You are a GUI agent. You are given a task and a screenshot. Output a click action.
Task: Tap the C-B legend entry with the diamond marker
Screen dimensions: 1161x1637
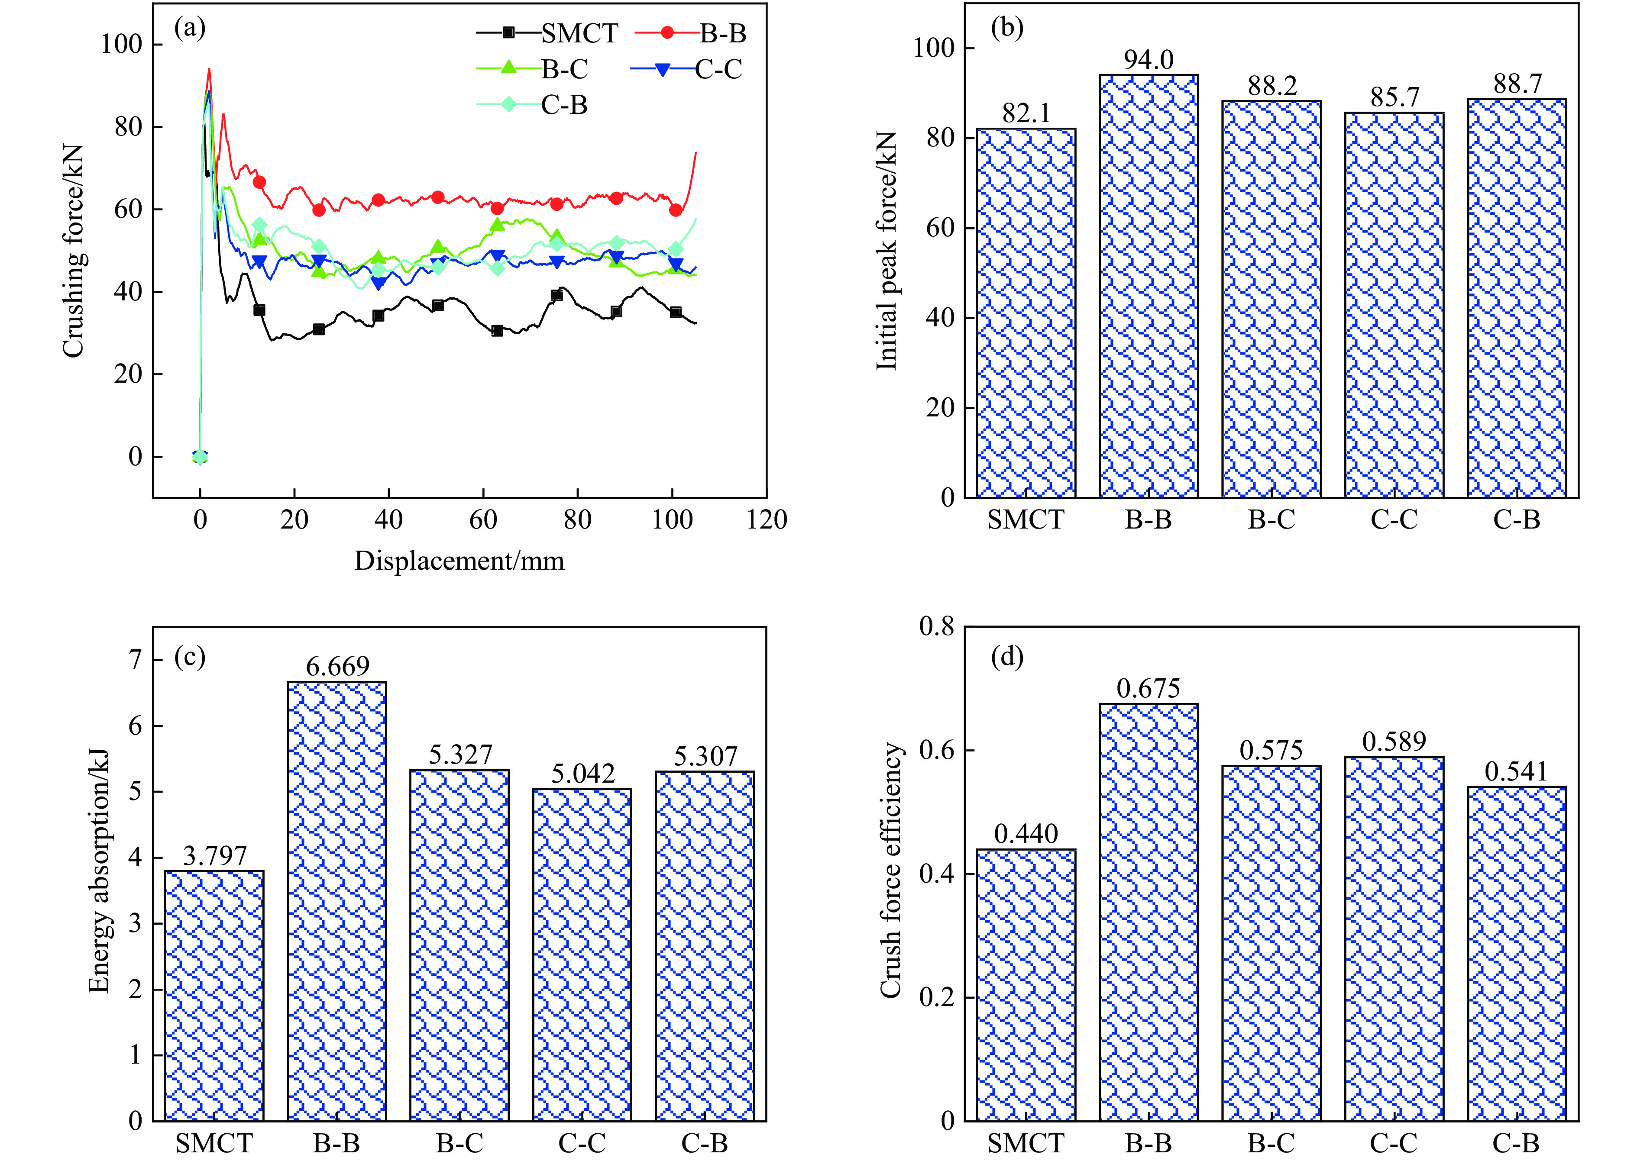533,105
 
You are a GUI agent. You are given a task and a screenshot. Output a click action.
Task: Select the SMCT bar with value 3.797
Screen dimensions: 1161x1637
214,994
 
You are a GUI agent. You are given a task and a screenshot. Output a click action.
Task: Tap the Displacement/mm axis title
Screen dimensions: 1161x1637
459,561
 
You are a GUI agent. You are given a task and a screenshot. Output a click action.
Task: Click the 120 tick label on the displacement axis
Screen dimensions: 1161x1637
766,520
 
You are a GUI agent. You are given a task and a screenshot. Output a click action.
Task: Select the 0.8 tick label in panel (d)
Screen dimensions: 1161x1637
936,627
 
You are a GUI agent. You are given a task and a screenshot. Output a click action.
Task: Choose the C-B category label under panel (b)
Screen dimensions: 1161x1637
1516,520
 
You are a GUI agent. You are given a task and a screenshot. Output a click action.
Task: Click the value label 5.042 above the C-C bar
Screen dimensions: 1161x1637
583,774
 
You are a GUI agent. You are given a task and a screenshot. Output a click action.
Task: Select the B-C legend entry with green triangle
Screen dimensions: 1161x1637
533,69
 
